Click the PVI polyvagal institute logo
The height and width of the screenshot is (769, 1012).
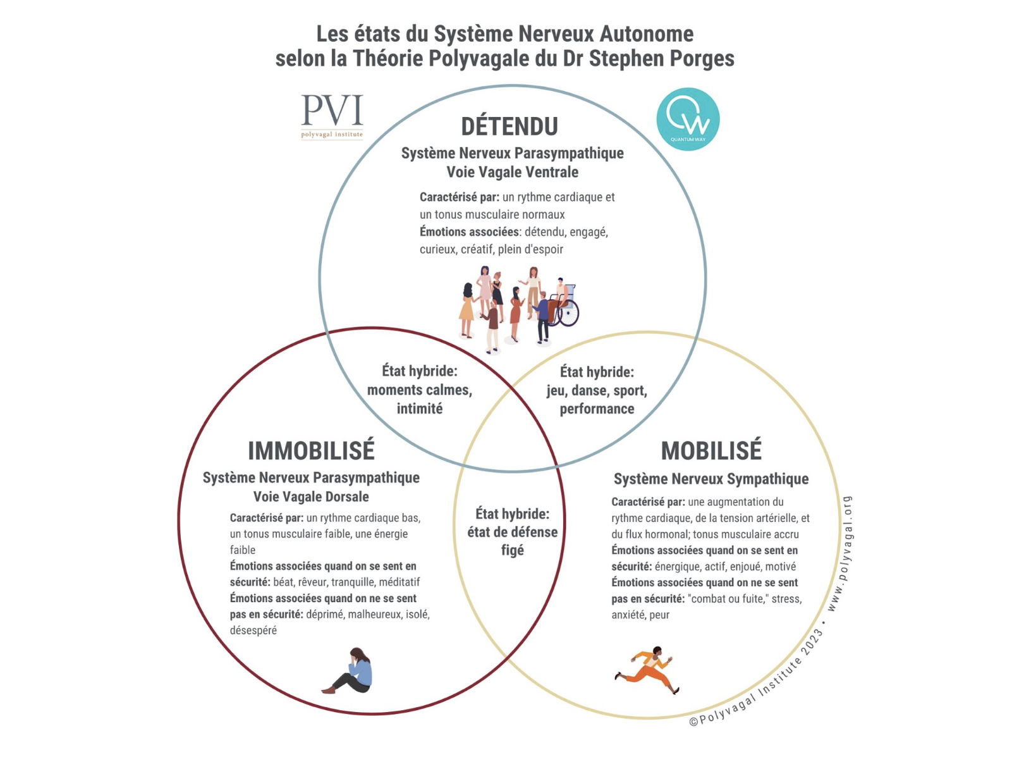pos(332,116)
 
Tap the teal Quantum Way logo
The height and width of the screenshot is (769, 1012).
pos(688,119)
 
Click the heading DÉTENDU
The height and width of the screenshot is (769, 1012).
pos(509,126)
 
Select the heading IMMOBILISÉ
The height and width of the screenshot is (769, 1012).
pos(311,451)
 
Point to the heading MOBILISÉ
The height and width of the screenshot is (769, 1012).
pos(711,451)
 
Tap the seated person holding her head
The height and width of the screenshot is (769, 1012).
pos(351,671)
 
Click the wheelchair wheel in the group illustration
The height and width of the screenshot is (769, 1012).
pos(568,312)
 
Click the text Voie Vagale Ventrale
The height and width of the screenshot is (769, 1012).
pos(512,172)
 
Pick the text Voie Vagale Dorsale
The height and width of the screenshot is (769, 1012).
pos(311,496)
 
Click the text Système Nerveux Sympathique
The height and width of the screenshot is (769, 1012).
pos(711,479)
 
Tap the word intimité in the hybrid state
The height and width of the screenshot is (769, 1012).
pos(419,409)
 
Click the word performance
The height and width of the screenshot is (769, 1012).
pos(597,409)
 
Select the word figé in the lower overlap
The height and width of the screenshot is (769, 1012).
pos(512,550)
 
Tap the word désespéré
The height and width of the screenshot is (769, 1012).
pos(253,631)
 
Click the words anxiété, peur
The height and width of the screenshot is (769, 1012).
pos(640,615)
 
